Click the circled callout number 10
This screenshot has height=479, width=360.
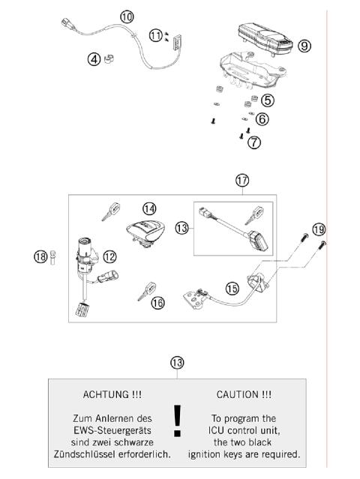[x=127, y=16]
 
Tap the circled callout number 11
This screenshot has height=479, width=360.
[x=155, y=34]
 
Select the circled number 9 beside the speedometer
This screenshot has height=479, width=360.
[x=304, y=46]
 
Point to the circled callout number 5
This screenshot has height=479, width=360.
[x=267, y=100]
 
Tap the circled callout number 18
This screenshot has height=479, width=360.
[x=40, y=257]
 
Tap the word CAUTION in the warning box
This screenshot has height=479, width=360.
[x=238, y=394]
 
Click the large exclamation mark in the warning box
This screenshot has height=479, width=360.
[x=177, y=421]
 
